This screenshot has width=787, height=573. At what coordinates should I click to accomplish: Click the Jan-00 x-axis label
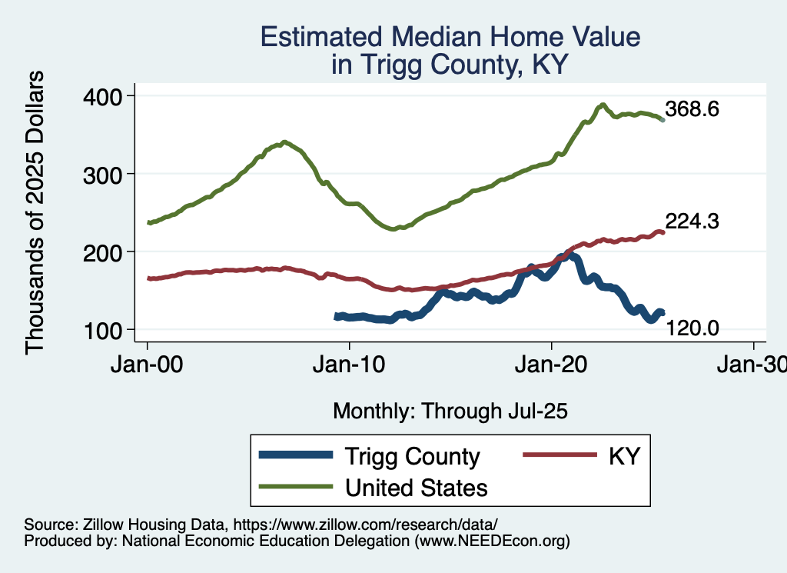148,365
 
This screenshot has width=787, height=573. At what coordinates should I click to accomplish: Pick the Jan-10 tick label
350,365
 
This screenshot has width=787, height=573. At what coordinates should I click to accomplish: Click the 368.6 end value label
692,109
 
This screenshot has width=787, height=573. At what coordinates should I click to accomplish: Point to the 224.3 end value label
692,222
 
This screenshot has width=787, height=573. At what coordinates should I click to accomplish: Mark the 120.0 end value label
692,328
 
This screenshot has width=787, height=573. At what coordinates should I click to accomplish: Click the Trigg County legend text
412,456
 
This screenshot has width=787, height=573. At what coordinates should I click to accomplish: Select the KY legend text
624,456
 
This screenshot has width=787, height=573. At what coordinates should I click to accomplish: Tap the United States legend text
416,487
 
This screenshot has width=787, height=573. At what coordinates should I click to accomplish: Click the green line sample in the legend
296,487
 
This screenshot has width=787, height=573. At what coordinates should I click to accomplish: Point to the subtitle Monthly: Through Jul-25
450,411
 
